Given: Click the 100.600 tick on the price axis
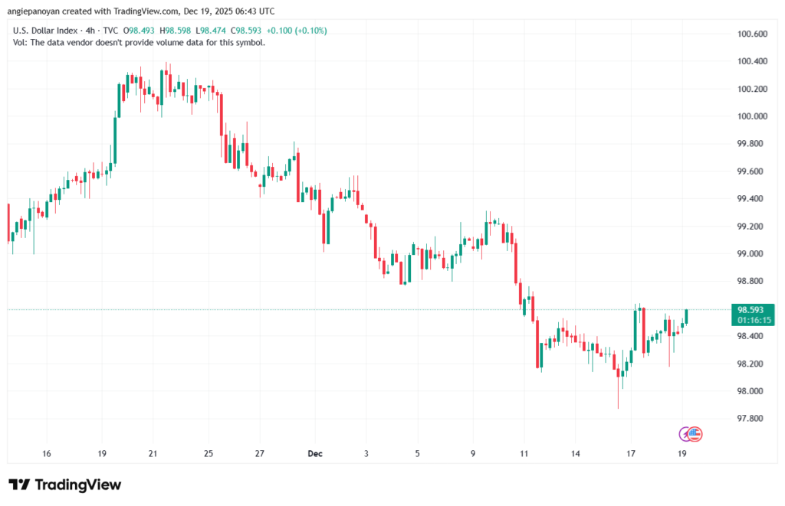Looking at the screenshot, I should (751, 34).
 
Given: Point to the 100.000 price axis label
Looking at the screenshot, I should (751, 116).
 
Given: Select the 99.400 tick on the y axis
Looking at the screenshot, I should (751, 199).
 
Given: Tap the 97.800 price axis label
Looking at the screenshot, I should (751, 419).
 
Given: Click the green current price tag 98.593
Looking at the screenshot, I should (751, 309).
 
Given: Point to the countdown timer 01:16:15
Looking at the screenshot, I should (751, 320).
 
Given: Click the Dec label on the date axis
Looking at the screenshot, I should (314, 453).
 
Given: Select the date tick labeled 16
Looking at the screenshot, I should (47, 453).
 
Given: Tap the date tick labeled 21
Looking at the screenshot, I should (153, 453).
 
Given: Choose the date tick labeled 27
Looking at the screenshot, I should (260, 453).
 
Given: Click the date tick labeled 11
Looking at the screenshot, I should (523, 453).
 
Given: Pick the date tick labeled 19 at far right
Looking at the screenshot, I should (682, 453).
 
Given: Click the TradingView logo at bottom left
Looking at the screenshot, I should (65, 485).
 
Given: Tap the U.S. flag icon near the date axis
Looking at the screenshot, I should (695, 434).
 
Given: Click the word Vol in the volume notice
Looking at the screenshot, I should (20, 42).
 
